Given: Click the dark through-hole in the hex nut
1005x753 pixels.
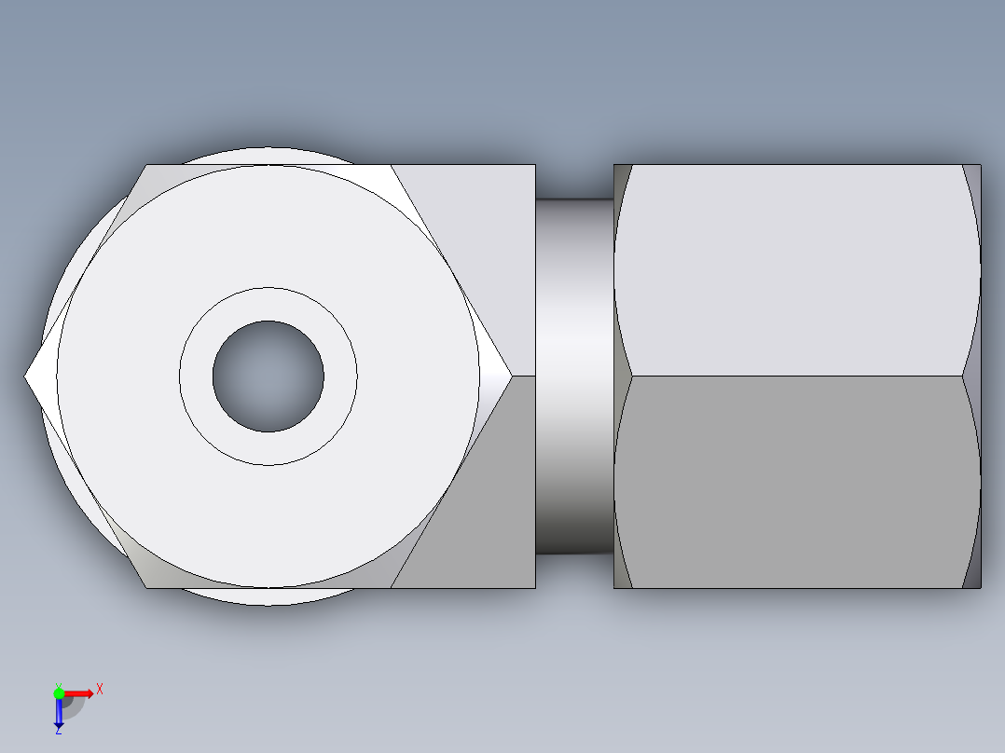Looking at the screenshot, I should (268, 376).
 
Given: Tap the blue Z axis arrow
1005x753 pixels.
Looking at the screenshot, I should (59, 713).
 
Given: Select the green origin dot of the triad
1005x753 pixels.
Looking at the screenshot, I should (59, 692).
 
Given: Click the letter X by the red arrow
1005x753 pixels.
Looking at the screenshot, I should (100, 690).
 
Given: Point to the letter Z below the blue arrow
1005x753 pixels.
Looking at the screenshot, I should (59, 731).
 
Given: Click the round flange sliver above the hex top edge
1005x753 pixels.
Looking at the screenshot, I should (268, 156).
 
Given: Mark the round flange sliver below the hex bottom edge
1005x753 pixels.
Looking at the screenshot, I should (268, 596).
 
